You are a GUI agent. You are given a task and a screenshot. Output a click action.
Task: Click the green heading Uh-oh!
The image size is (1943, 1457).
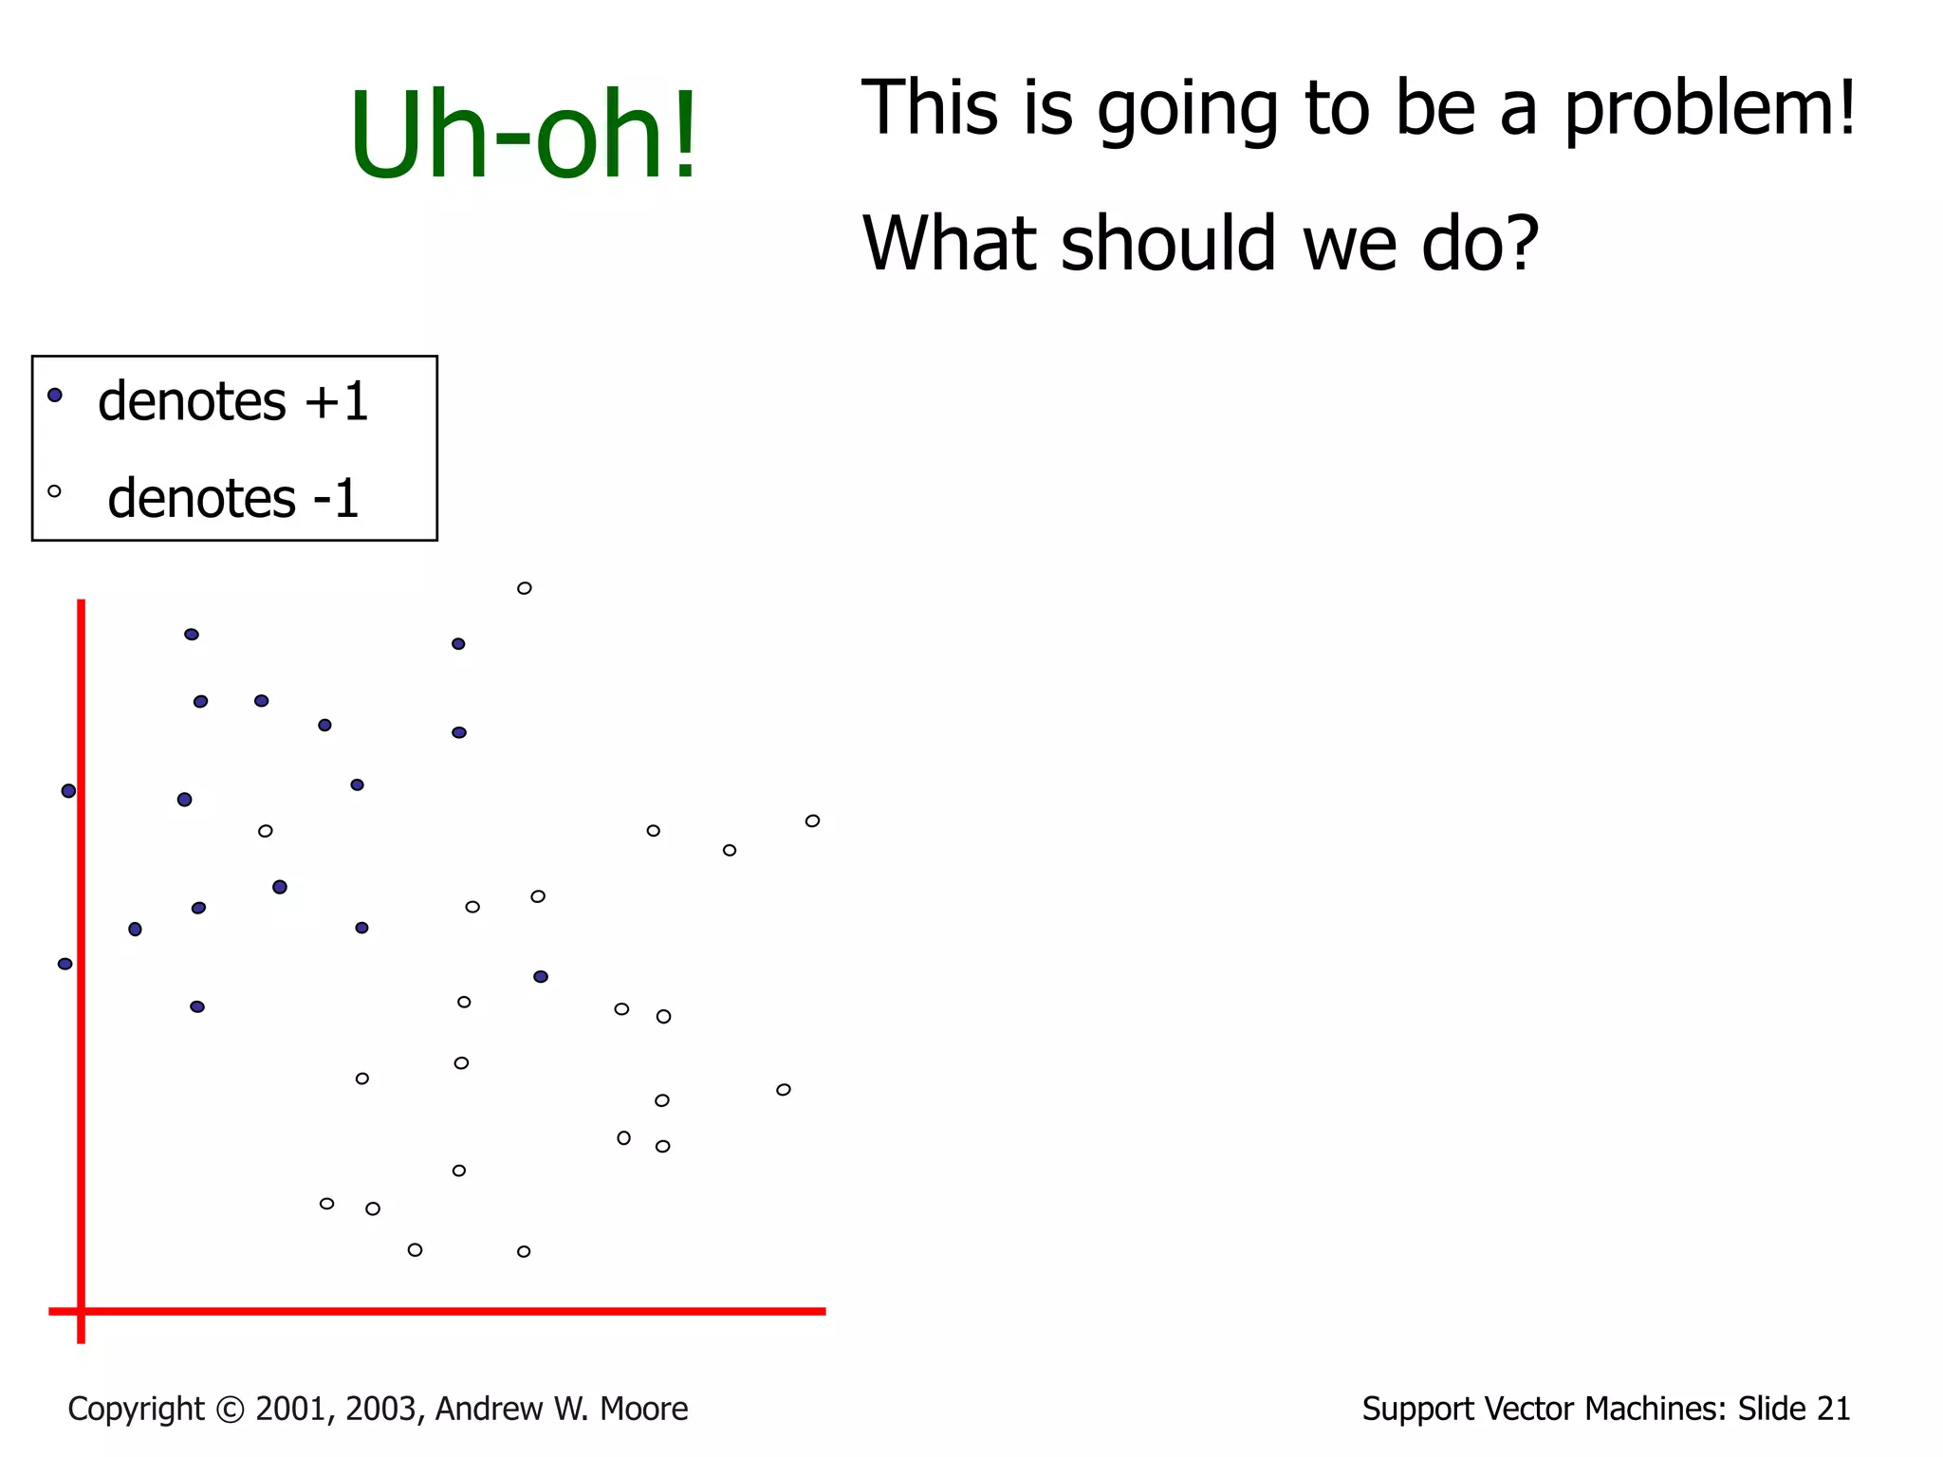(x=523, y=136)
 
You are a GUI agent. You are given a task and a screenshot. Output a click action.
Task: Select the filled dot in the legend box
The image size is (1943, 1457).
(x=55, y=395)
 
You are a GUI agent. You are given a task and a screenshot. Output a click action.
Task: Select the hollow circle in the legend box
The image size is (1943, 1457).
(x=54, y=491)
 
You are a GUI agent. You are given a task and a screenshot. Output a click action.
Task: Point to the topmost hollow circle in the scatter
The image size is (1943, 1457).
(x=524, y=588)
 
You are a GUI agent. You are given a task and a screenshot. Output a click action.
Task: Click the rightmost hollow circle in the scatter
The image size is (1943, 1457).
(x=812, y=821)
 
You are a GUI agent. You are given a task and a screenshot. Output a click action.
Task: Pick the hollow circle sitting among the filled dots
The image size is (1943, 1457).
(x=266, y=831)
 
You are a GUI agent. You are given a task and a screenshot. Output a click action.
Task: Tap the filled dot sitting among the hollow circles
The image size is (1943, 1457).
(x=540, y=976)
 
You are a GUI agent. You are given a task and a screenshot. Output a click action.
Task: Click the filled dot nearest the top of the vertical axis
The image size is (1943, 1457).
(x=192, y=634)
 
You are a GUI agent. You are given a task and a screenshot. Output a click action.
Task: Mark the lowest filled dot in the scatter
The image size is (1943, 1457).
(x=197, y=1006)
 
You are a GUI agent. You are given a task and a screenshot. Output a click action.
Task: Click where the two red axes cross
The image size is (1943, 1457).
(x=82, y=1311)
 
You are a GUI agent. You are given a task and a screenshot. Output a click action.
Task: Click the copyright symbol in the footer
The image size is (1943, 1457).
(x=230, y=1410)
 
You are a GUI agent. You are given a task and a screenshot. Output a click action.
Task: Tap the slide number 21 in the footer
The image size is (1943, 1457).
(x=1833, y=1410)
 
